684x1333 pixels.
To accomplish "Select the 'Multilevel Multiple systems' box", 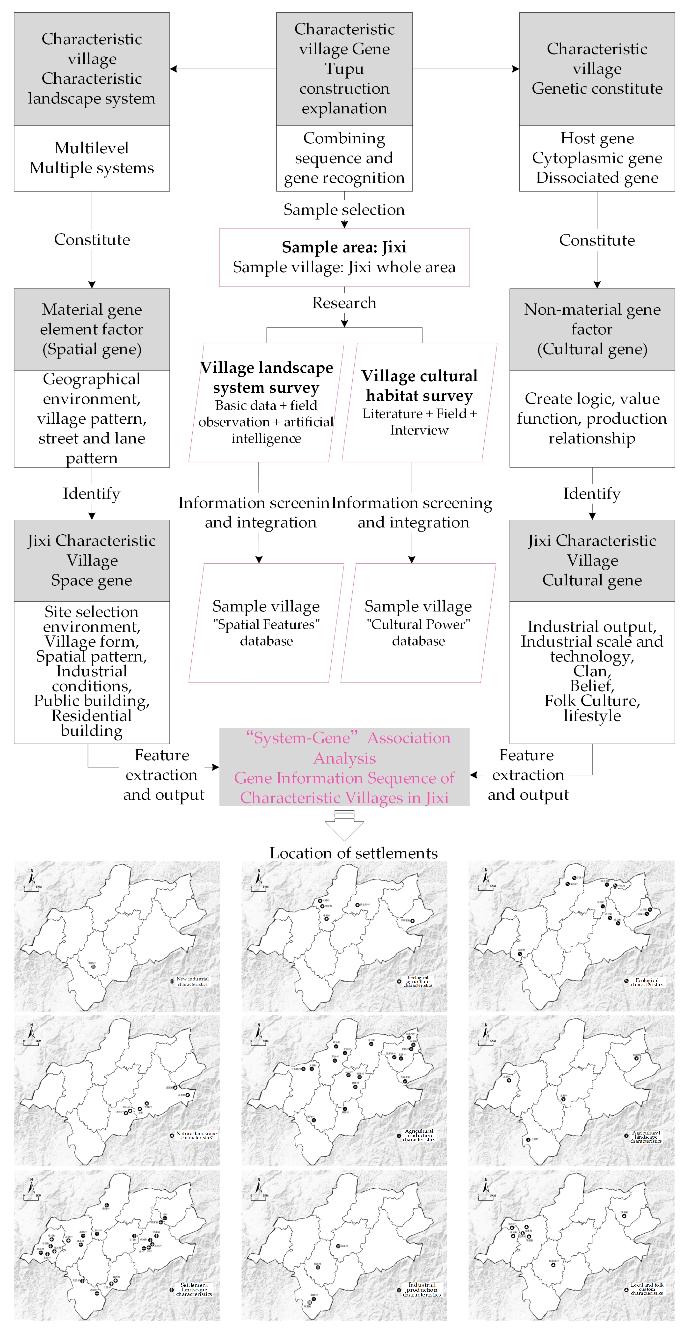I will pyautogui.click(x=92, y=158).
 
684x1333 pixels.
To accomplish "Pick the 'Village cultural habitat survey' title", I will pyautogui.click(x=419, y=385).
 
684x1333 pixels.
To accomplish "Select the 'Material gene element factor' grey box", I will pyautogui.click(x=92, y=329).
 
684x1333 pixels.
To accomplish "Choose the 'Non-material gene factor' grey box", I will pyautogui.click(x=592, y=329).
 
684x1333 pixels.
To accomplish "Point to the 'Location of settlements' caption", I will pyautogui.click(x=353, y=853).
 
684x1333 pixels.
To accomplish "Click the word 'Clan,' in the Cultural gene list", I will pyautogui.click(x=592, y=671).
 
